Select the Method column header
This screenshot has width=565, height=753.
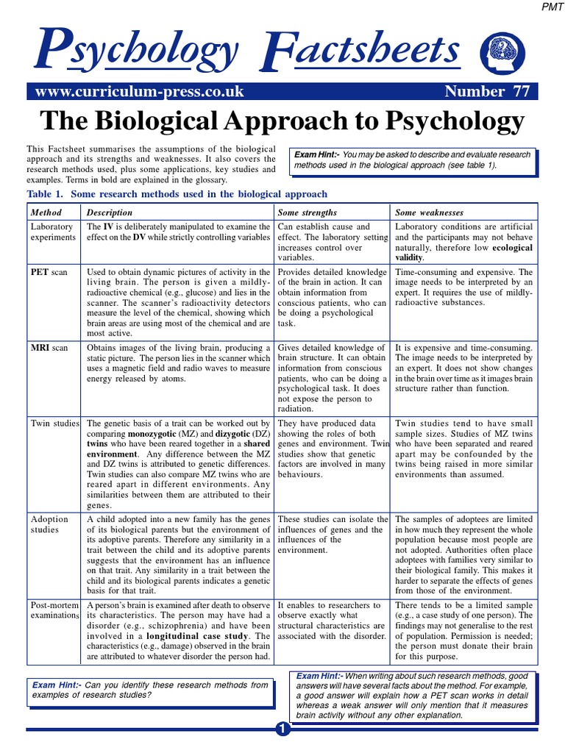coord(46,213)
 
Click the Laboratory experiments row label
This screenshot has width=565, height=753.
coord(52,232)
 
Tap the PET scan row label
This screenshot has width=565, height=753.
coord(49,272)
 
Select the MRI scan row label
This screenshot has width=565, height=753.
coord(49,347)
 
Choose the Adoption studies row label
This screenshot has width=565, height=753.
coord(50,524)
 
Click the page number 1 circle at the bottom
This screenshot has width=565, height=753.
coord(282,729)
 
